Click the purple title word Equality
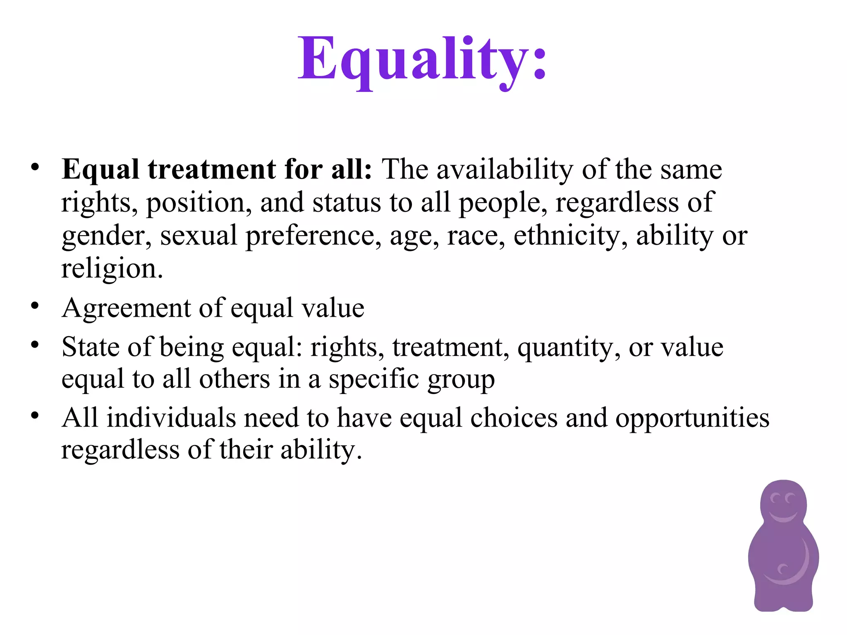tap(422, 60)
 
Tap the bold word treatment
tap(212, 169)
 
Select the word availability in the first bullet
tap(505, 169)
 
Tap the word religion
tap(112, 269)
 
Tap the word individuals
tap(172, 418)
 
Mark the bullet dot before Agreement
tap(35, 306)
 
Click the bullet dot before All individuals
tap(35, 415)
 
